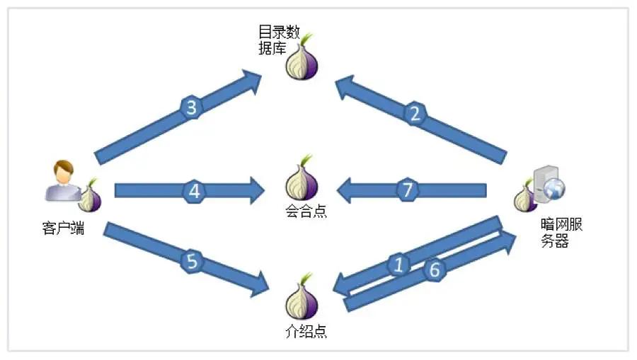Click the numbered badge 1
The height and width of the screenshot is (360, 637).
pyautogui.click(x=399, y=265)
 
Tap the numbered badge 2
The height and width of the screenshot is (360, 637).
pyautogui.click(x=416, y=113)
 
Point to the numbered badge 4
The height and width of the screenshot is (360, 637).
pyautogui.click(x=195, y=190)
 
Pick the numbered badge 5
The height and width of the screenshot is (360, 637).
pyautogui.click(x=192, y=261)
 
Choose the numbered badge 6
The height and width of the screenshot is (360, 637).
pyautogui.click(x=435, y=269)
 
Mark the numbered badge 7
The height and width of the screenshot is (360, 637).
pyautogui.click(x=406, y=190)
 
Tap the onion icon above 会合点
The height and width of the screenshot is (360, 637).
pyautogui.click(x=302, y=181)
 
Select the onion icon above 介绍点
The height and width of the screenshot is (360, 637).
pyautogui.click(x=302, y=299)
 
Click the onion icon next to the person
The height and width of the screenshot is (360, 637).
pyautogui.click(x=89, y=197)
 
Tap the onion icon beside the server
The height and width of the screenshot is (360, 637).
pyautogui.click(x=525, y=197)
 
